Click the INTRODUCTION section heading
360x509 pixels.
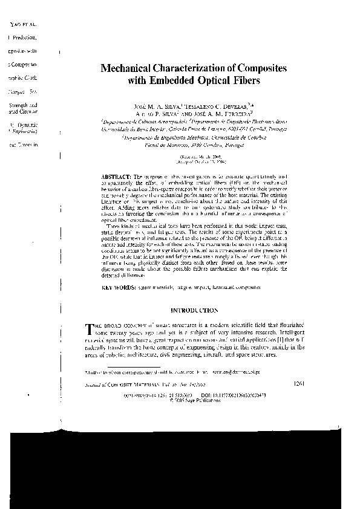(x=195, y=310)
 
